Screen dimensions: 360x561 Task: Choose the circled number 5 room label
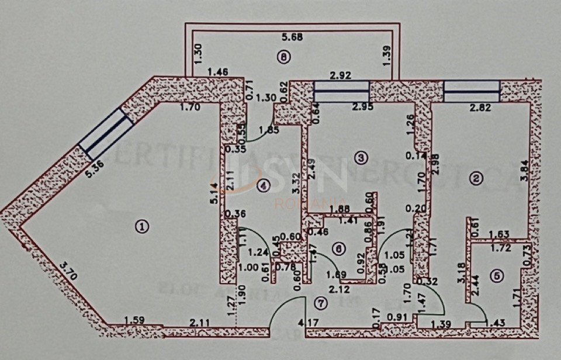tap(496, 277)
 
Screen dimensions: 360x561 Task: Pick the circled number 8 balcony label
tap(284, 57)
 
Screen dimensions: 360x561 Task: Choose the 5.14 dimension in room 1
tap(214, 192)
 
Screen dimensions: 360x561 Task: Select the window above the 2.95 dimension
tap(342, 91)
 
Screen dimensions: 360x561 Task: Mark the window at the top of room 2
tap(472, 91)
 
